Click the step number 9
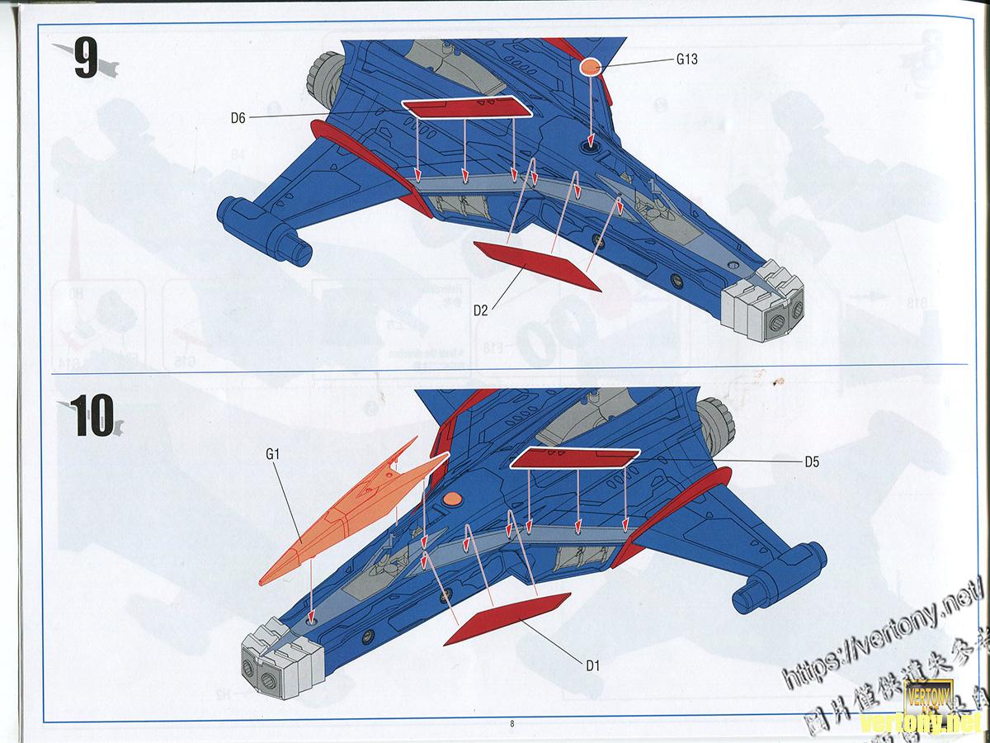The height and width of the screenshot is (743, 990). coord(87,59)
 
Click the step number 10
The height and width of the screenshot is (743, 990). coord(91,415)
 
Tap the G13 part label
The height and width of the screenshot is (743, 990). coord(687,59)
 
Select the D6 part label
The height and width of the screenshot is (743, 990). coord(238,118)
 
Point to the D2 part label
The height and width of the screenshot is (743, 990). coord(482,311)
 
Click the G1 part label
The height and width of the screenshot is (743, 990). coord(274,453)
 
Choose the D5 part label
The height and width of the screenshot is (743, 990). coord(812,462)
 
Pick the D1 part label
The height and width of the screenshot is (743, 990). coord(592,666)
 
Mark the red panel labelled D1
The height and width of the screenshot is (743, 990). coord(507,618)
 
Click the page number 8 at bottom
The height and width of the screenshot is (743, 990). coord(512,723)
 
